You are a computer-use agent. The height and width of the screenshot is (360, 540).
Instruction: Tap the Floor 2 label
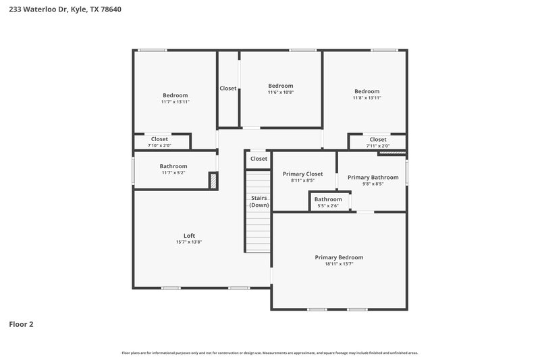point(21,324)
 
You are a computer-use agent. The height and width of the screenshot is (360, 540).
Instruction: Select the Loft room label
point(189,236)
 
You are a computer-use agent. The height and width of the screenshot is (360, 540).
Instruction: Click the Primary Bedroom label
point(339,257)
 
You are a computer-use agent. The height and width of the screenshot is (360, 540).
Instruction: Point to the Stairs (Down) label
point(259,201)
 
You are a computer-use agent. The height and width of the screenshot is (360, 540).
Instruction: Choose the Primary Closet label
point(302,174)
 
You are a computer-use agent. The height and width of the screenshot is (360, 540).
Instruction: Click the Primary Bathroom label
point(373,177)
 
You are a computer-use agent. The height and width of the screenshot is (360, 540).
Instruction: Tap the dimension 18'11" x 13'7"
point(339,264)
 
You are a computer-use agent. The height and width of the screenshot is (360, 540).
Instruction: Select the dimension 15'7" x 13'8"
point(189,242)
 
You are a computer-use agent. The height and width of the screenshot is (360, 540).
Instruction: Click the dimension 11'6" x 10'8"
point(280,93)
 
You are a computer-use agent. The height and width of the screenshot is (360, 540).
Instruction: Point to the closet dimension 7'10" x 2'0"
point(159,145)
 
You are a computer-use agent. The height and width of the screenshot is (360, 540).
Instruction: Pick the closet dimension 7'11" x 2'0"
point(377,145)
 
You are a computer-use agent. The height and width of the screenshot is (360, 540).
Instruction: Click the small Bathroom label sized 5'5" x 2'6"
point(328,199)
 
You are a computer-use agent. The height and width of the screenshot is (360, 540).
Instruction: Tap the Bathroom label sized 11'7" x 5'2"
point(173,166)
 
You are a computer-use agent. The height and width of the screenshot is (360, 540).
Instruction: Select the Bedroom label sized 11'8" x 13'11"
point(367,91)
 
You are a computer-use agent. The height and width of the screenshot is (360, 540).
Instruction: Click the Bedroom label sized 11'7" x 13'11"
point(175,95)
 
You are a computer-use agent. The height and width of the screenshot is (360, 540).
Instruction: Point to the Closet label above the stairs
point(259,159)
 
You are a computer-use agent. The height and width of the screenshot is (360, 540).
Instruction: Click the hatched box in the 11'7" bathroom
point(213,180)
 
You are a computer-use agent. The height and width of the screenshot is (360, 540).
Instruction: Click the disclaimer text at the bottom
point(270,353)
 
